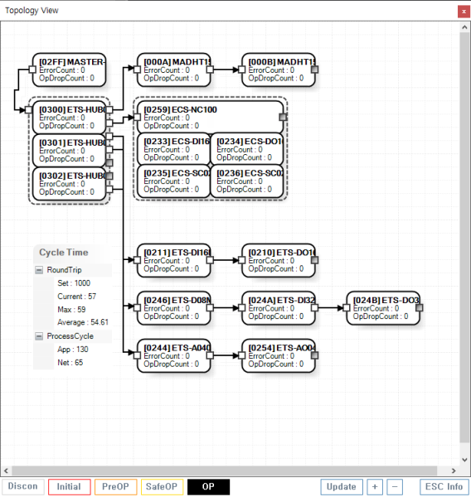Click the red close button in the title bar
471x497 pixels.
[x=463, y=11]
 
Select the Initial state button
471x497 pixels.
[x=68, y=486]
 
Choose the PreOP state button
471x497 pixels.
[x=115, y=486]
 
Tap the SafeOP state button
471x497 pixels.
[x=162, y=486]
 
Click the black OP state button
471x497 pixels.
[x=208, y=486]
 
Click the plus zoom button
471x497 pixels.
[x=375, y=486]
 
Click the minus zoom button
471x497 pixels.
[x=395, y=486]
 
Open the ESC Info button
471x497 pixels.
[x=443, y=486]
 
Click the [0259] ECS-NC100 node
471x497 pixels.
[x=211, y=117]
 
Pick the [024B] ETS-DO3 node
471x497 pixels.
[x=383, y=307]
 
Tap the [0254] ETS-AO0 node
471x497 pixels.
[x=279, y=355]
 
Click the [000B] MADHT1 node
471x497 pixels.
[x=279, y=70]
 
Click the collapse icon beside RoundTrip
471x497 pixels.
[x=39, y=270]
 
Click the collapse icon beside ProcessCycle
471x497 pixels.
[x=39, y=336]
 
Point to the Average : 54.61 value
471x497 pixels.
[x=82, y=322]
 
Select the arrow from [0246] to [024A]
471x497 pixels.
[x=226, y=307]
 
